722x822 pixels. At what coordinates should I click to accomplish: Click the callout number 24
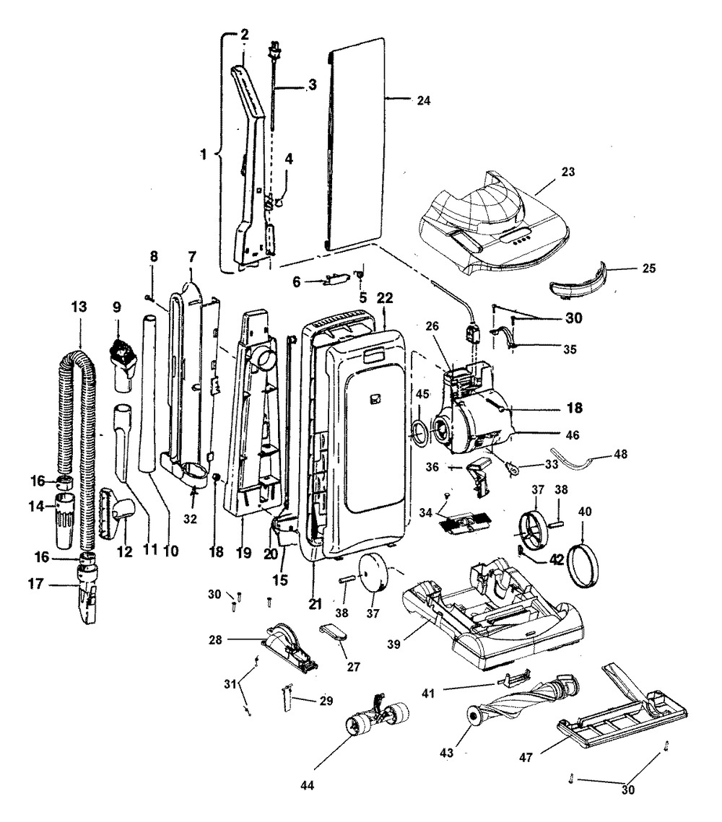pyautogui.click(x=424, y=101)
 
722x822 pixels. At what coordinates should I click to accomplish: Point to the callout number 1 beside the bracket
pyautogui.click(x=204, y=154)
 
